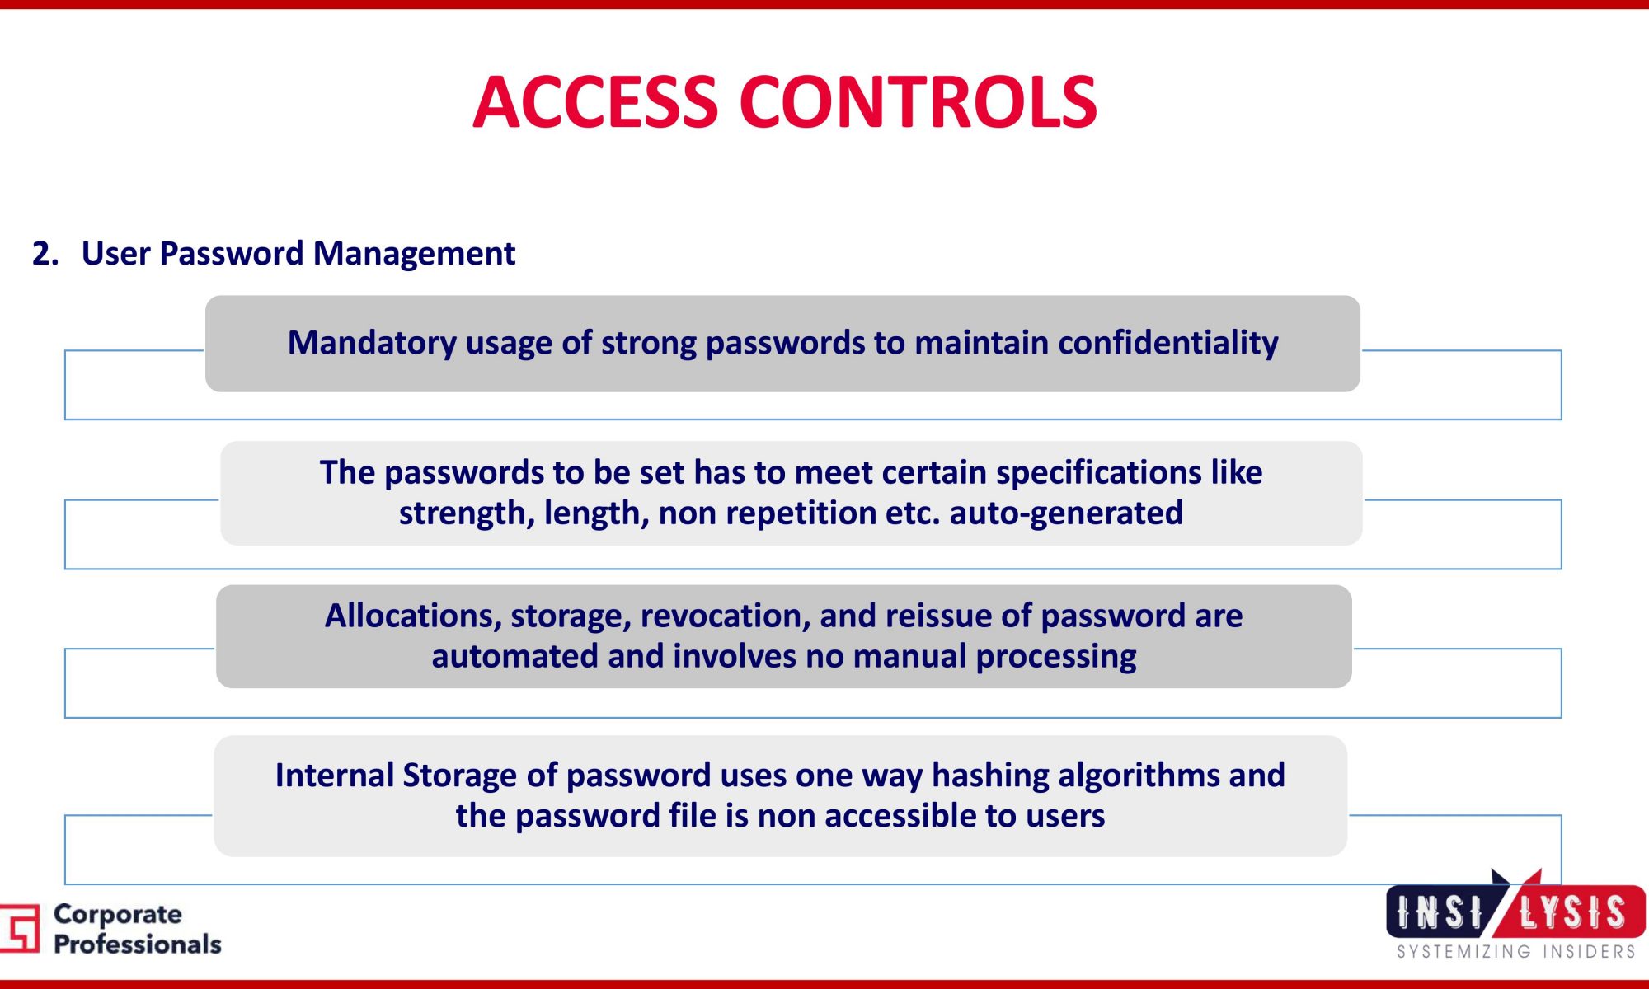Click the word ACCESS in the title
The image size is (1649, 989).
595,102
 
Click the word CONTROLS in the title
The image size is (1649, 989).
918,102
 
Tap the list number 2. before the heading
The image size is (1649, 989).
45,253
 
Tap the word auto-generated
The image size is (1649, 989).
1066,513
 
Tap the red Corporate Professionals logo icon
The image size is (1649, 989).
20,928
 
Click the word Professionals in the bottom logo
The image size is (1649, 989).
138,944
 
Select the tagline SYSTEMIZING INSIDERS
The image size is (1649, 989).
1516,952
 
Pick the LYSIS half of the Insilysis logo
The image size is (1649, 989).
1572,912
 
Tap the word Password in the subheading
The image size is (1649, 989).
232,254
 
